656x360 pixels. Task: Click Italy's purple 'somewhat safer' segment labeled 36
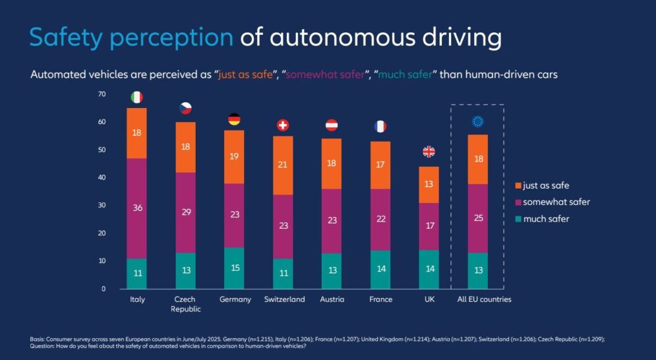[x=137, y=208]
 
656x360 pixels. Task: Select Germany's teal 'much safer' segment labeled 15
[x=234, y=268]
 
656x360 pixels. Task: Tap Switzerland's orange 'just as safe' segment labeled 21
[x=283, y=165]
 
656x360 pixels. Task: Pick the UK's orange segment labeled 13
[x=429, y=185]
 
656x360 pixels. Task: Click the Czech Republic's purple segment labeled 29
[x=186, y=213]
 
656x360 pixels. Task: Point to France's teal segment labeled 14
[x=380, y=270]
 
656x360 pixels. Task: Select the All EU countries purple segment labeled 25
[x=478, y=218]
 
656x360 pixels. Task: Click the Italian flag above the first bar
[x=137, y=97]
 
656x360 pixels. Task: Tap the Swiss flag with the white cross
[x=283, y=125]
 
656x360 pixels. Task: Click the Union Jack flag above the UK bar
[x=429, y=152]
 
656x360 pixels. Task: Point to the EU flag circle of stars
[x=478, y=121]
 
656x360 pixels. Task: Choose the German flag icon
[x=234, y=119]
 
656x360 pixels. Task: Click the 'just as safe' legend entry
[x=542, y=185]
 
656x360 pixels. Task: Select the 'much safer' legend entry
[x=542, y=219]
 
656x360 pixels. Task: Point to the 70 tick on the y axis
[x=102, y=94]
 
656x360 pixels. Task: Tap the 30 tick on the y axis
[x=102, y=205]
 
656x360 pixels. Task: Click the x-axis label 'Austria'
[x=332, y=299]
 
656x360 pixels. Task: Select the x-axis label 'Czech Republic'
[x=185, y=305]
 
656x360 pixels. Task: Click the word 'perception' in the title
[x=171, y=38]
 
